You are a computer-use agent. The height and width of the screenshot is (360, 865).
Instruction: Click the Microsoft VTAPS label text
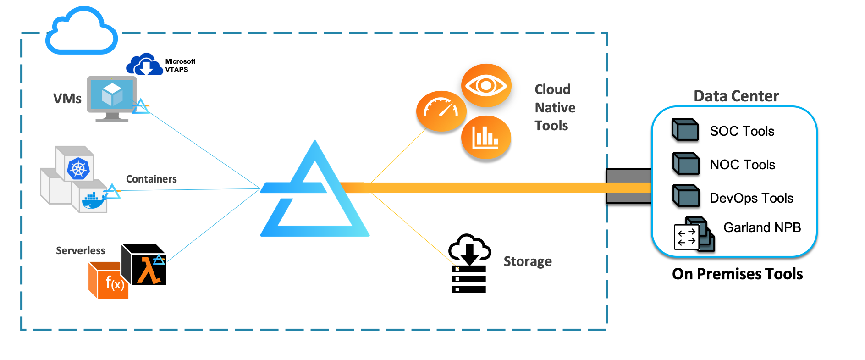(180, 66)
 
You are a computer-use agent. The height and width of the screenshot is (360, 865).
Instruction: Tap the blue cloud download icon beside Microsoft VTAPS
(145, 65)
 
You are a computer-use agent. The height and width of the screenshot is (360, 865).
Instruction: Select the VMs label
(67, 99)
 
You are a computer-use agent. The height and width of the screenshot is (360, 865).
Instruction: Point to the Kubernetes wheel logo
(78, 168)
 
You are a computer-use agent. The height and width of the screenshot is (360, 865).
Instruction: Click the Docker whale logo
(93, 200)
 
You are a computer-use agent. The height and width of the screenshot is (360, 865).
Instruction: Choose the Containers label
(151, 179)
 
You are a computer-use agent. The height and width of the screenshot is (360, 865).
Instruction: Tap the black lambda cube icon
(144, 265)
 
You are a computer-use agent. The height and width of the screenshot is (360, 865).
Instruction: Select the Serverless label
(80, 250)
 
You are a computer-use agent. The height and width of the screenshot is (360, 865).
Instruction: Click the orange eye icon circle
(486, 85)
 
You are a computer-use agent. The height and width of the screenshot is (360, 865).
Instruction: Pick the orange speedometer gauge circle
(441, 111)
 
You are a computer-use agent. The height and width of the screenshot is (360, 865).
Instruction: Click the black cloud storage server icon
(469, 264)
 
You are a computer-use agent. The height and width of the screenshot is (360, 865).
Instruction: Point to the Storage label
(528, 261)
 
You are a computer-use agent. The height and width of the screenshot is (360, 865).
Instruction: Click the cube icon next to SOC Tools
(685, 130)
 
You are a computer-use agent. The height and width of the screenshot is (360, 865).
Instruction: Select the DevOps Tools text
(751, 198)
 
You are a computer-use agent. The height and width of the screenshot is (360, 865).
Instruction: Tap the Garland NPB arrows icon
(686, 237)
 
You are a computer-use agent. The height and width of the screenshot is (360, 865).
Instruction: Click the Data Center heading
(736, 96)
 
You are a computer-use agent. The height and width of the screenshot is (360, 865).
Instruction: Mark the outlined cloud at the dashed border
(82, 31)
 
